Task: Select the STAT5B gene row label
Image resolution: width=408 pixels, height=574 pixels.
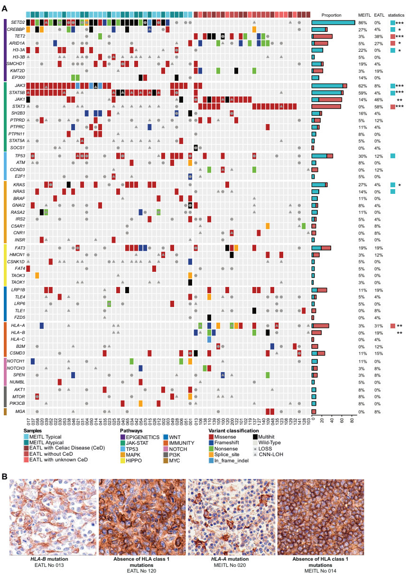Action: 17,92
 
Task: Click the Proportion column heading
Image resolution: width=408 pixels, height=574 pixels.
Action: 331,15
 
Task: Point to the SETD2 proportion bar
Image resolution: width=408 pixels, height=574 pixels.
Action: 333,22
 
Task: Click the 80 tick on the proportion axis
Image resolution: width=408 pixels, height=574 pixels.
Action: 351,421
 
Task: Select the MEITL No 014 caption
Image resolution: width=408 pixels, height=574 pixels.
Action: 320,570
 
